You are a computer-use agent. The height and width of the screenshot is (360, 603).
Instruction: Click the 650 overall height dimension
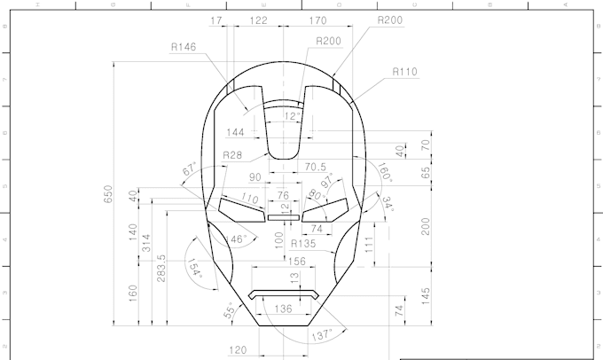[x=109, y=195]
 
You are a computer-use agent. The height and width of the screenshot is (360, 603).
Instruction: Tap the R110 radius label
[x=403, y=72]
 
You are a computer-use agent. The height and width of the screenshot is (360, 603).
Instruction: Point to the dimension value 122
[x=258, y=20]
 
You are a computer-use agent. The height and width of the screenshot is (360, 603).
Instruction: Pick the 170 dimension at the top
[x=314, y=20]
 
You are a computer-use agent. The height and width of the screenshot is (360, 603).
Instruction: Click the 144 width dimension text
[x=236, y=132]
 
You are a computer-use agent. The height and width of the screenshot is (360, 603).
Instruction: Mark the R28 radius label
[x=232, y=155]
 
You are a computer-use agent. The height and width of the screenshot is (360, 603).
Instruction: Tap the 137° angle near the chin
[x=322, y=334]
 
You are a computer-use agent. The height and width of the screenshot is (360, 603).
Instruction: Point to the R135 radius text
[x=304, y=243]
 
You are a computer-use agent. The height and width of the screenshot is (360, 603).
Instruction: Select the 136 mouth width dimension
[x=283, y=309]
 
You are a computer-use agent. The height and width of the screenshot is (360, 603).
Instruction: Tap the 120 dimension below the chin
[x=238, y=350]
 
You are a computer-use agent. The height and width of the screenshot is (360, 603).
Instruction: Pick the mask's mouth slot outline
[x=284, y=293]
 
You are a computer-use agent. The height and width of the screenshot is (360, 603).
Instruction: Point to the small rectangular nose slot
[x=284, y=215]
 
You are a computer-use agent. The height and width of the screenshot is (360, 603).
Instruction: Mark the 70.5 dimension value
[x=316, y=166]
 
